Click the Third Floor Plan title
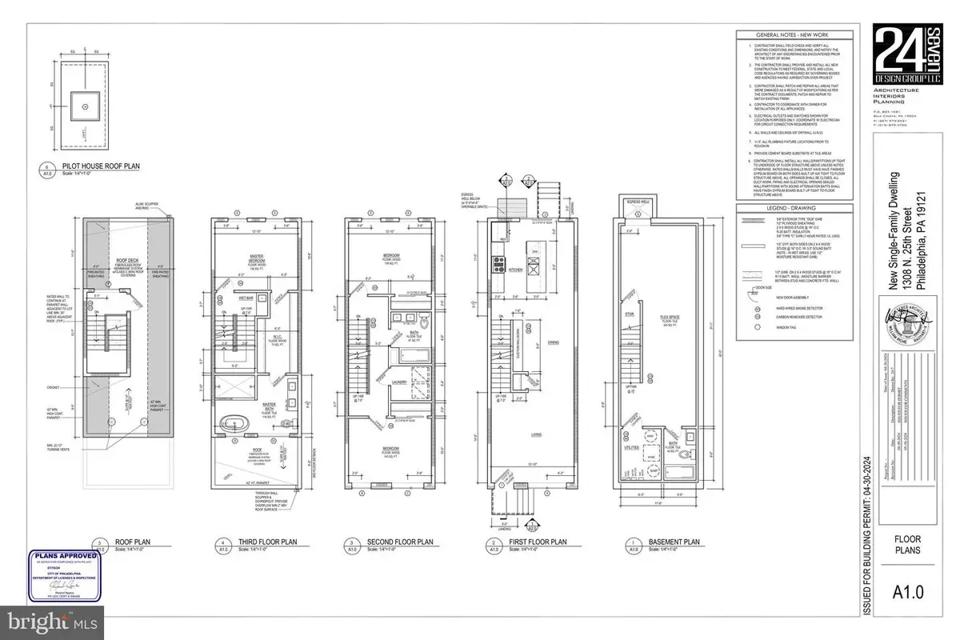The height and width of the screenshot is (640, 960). click(266, 542)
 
